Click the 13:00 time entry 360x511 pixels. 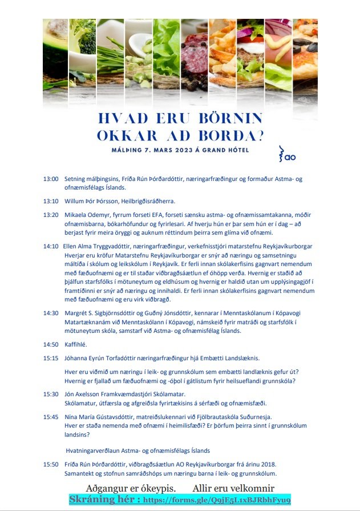point(51,179)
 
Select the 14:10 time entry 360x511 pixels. point(51,246)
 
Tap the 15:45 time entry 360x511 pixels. point(51,417)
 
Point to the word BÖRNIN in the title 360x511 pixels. point(229,118)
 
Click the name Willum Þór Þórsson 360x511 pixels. point(90,201)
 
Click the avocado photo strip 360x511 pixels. point(56,60)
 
